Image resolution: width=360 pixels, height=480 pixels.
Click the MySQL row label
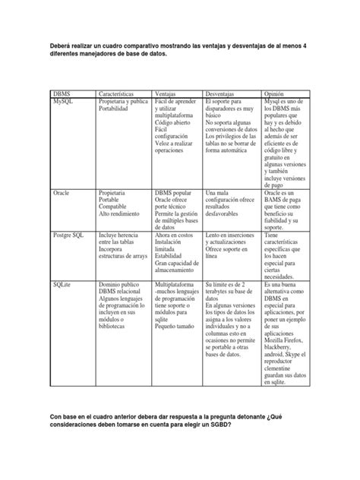point(64,99)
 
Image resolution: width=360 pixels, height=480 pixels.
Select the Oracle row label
point(62,194)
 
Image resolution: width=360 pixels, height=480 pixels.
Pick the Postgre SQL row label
point(69,236)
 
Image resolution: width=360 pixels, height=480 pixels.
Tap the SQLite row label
point(63,283)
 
